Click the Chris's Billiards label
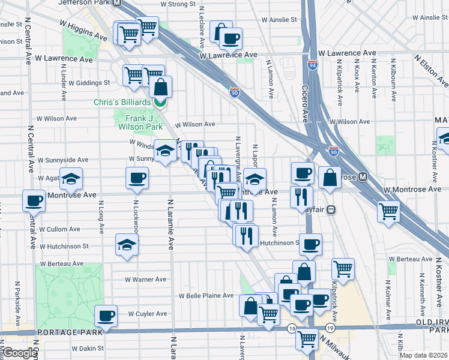[x=122, y=103]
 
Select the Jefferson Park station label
[x=85, y=3]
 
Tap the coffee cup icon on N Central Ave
[x=34, y=200]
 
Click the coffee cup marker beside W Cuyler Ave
[x=106, y=315]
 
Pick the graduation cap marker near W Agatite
[x=71, y=178]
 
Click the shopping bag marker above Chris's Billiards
[x=161, y=86]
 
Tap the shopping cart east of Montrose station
[x=388, y=211]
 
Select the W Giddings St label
[x=89, y=83]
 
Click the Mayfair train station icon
[x=331, y=210]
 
